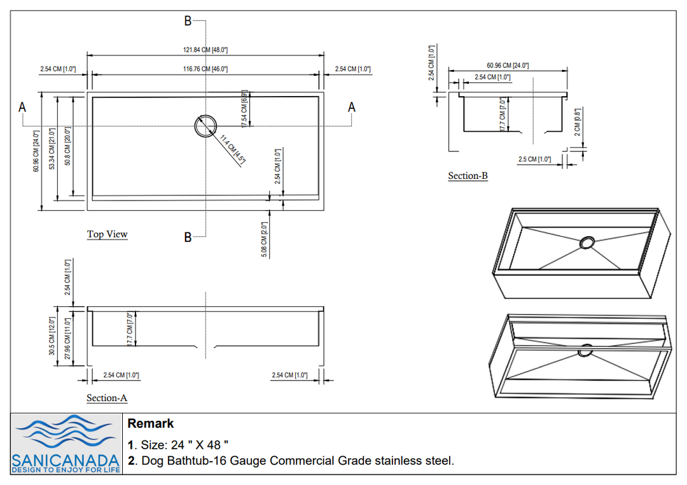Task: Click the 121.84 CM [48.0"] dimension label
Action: coord(205,50)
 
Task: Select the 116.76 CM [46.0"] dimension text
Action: coord(205,69)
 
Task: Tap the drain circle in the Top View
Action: coord(205,125)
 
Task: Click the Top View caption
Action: coord(107,234)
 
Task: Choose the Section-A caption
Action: coord(107,398)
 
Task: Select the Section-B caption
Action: coord(468,176)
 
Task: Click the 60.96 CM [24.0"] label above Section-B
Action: coord(508,66)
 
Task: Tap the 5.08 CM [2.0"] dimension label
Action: coord(264,239)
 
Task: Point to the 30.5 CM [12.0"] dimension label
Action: coord(52,336)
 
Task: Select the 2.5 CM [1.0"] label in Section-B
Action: coord(534,159)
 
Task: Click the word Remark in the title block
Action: coord(150,424)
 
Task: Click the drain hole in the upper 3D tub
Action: coord(586,243)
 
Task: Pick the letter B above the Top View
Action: coord(188,21)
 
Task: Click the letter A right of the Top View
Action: coord(352,108)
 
